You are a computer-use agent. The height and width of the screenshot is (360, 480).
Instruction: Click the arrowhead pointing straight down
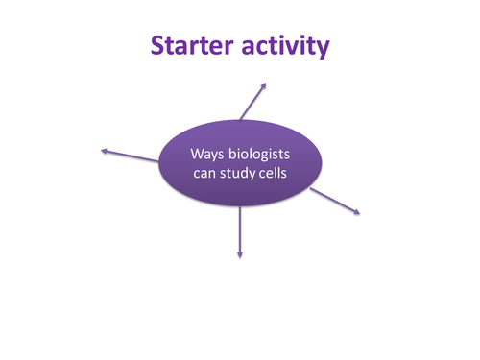click(240, 254)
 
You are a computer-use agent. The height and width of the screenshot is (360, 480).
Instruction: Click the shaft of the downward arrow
click(240, 230)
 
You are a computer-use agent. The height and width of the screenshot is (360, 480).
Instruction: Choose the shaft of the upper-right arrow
click(256, 103)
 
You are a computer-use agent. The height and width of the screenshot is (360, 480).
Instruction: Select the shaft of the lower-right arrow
click(334, 200)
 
